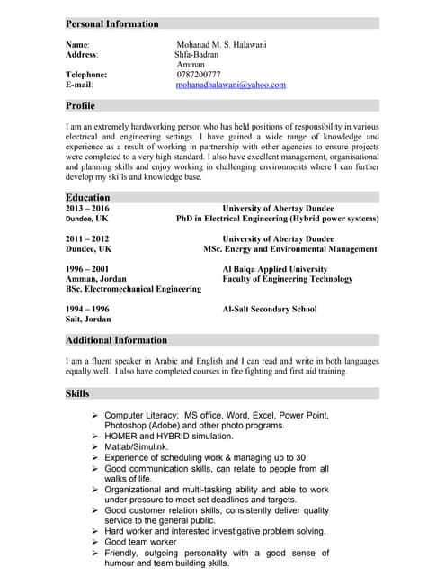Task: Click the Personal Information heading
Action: pos(111,23)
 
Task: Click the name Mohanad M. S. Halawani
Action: pos(221,44)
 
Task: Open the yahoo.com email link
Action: pos(230,85)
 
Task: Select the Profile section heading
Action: pos(80,105)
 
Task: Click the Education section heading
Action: pos(87,197)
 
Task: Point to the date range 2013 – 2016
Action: pos(86,208)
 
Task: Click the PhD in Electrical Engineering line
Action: pos(277,219)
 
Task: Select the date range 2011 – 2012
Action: pos(86,238)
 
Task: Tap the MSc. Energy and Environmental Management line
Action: pos(289,249)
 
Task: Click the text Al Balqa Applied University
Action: pos(274,269)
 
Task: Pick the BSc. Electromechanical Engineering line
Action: pos(133,290)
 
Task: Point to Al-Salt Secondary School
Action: pos(269,309)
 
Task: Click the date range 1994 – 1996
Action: pos(86,309)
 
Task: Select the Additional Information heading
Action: pos(116,340)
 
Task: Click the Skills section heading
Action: pos(77,393)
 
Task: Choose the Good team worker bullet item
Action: pos(140,543)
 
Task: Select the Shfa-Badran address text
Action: pos(196,54)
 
